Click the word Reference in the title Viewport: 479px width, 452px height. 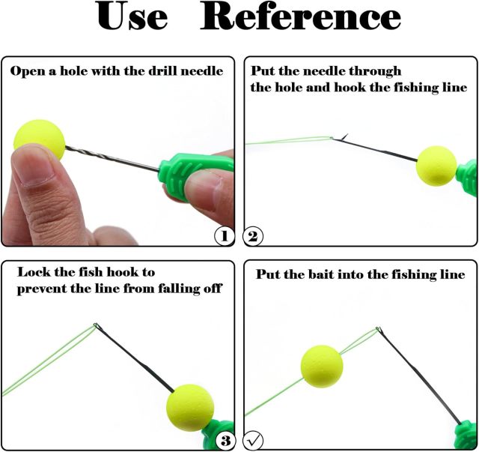click(300, 16)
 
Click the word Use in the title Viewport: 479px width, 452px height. click(132, 16)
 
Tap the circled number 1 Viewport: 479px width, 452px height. click(225, 236)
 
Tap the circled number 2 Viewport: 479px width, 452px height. click(253, 236)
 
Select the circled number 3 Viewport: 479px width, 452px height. click(226, 440)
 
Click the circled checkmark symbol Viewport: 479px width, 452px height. click(253, 440)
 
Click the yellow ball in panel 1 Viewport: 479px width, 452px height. click(40, 139)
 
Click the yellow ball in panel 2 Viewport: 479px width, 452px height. click(436, 166)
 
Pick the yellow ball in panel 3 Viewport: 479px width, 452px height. click(190, 408)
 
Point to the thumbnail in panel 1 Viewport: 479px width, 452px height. click(33, 165)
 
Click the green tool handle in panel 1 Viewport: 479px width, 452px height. click(189, 175)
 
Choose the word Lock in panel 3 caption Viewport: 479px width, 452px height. click(34, 272)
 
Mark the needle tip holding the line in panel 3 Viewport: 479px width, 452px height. click(97, 325)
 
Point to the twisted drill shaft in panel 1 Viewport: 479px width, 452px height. click(112, 158)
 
